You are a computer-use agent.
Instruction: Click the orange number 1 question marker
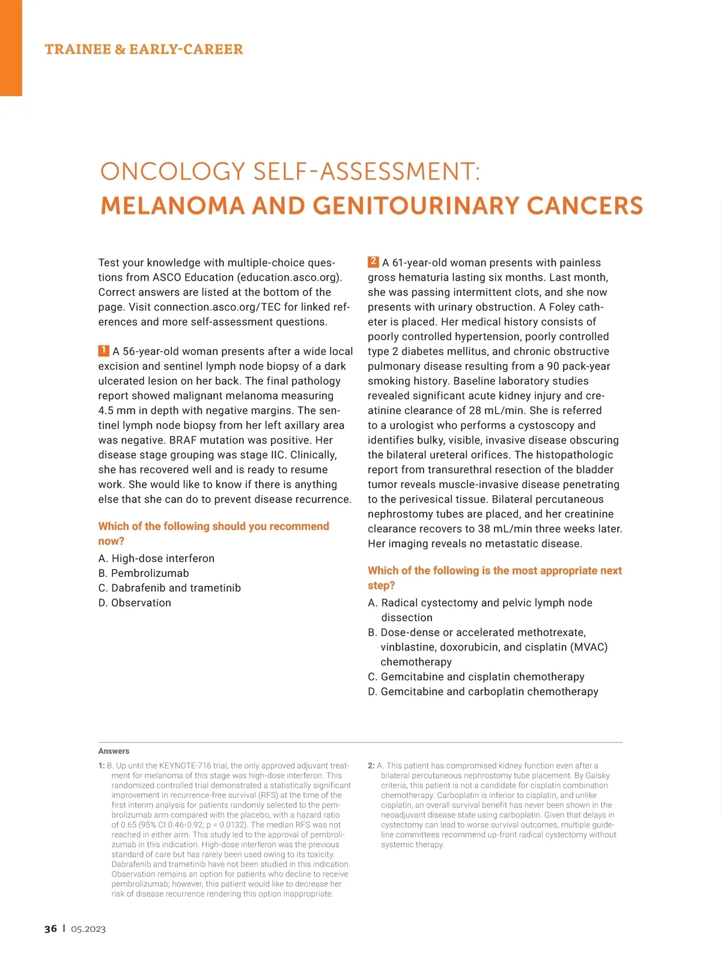click(x=104, y=351)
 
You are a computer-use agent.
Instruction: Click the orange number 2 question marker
click(x=373, y=262)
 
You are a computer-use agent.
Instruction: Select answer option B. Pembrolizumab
click(x=144, y=573)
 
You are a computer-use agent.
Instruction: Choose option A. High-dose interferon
click(x=156, y=558)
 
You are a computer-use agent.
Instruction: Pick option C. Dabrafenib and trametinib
click(x=169, y=588)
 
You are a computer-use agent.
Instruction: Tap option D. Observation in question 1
click(x=135, y=603)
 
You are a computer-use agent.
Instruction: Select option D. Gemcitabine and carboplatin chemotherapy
click(x=483, y=692)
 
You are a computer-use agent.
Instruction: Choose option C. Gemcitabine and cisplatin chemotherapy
click(x=476, y=677)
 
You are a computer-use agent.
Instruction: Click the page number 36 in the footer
click(x=51, y=929)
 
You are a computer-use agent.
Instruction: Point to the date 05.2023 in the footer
click(x=88, y=929)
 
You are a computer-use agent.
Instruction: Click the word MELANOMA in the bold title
click(x=172, y=206)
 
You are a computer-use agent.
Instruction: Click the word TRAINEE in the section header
click(x=77, y=49)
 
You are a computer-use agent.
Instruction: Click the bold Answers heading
click(x=114, y=751)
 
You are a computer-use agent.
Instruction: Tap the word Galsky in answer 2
click(x=596, y=776)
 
